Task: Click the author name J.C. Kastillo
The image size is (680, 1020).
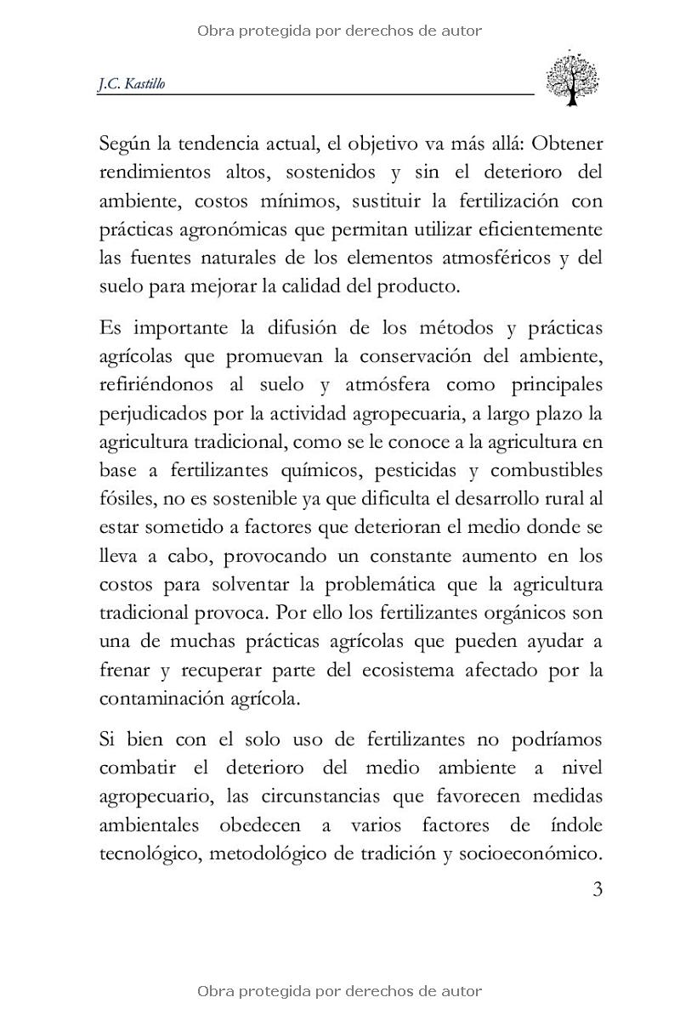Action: [x=132, y=84]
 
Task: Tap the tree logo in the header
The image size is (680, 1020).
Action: [x=572, y=77]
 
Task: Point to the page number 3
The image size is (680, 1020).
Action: [x=597, y=891]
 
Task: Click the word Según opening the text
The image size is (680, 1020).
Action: [x=124, y=143]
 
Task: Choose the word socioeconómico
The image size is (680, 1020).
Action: [x=531, y=853]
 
